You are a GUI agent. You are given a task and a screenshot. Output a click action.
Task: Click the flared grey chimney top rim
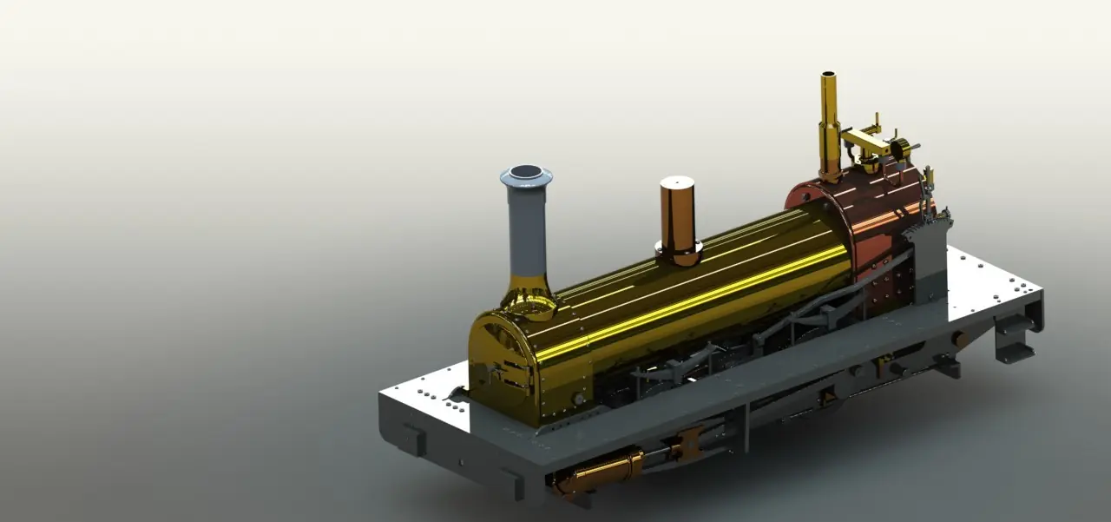click(x=526, y=174)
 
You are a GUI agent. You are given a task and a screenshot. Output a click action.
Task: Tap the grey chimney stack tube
click(x=527, y=230)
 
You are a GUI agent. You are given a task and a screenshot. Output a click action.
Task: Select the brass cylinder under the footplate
click(x=599, y=473)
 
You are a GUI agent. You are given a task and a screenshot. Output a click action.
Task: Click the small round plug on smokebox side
click(x=578, y=399)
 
